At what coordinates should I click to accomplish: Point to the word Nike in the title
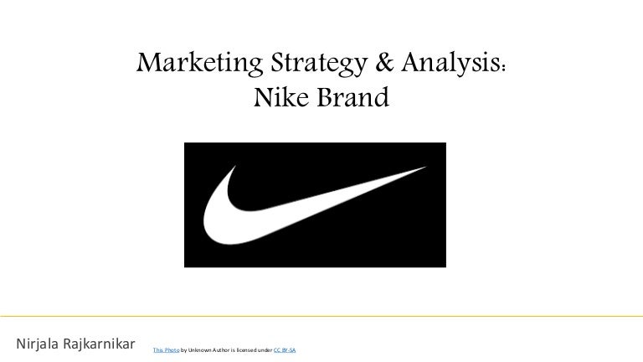[x=276, y=100]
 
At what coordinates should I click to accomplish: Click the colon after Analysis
[x=505, y=66]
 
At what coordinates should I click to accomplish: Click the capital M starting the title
[x=145, y=63]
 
